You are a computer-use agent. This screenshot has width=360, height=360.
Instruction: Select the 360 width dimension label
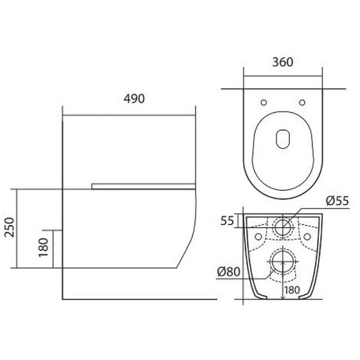(283, 62)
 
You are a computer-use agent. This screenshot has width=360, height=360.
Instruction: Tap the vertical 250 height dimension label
(8, 228)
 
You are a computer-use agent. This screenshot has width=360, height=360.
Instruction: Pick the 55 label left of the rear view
(227, 220)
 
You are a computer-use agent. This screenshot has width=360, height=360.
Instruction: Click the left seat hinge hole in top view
(265, 101)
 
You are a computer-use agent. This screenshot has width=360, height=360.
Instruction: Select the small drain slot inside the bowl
(283, 139)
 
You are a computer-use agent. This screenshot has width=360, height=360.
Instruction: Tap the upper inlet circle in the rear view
(283, 227)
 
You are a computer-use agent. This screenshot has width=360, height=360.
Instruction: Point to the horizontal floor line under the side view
(138, 298)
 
